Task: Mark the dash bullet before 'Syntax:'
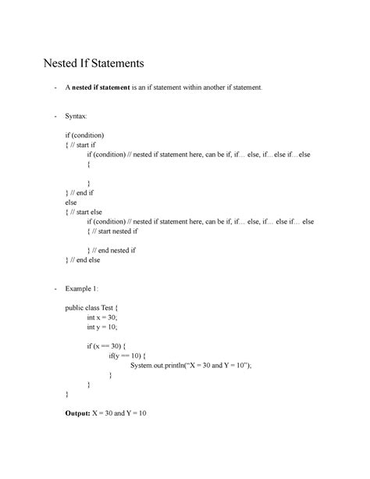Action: click(55, 116)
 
